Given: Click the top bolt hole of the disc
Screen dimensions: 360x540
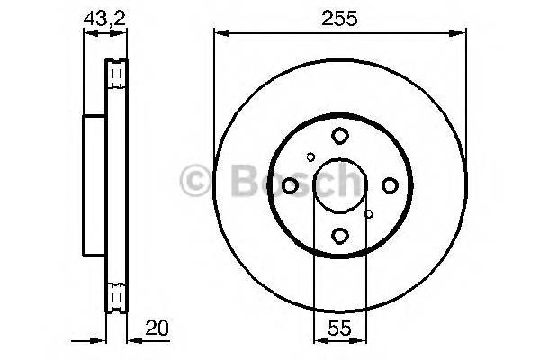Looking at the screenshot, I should click(x=339, y=136).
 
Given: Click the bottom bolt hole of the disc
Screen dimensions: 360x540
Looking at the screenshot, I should click(x=339, y=236).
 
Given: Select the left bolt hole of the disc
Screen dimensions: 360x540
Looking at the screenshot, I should click(x=290, y=185).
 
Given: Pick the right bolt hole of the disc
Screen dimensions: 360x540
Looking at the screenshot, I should click(x=390, y=185).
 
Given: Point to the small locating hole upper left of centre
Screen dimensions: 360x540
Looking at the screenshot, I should click(x=310, y=157).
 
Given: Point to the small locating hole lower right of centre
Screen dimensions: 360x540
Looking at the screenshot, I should click(x=369, y=214).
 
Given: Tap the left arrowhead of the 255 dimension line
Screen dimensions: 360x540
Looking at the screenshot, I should click(x=219, y=34).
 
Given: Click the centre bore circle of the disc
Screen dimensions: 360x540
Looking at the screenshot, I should click(x=339, y=185).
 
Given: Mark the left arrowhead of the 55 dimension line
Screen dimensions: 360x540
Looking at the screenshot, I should click(x=318, y=341).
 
